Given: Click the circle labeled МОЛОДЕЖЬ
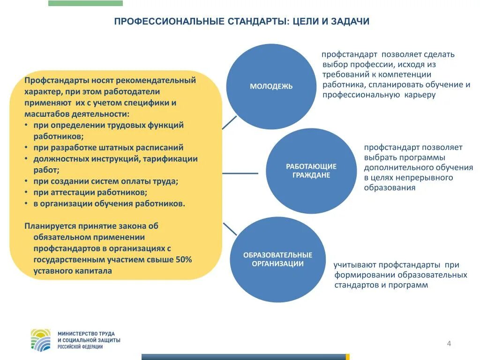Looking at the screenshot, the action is pos(271,87).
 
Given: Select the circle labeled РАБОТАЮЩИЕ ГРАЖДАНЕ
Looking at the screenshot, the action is pos(311,171).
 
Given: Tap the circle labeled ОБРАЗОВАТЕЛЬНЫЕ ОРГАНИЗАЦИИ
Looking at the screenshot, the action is pos(277,259).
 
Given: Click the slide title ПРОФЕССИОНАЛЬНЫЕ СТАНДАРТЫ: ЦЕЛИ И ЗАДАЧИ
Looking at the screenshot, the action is pos(242,22).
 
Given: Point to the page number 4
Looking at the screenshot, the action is pos(449,344).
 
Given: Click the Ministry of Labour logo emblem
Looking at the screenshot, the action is pos(41,340).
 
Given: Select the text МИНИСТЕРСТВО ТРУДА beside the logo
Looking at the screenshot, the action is pos(86,333).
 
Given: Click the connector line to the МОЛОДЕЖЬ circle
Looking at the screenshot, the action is pos(229,122).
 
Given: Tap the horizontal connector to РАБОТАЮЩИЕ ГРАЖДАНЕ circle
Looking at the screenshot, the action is pos(240,173).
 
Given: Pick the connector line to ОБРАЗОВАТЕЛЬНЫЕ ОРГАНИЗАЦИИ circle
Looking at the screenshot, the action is pos(229,229).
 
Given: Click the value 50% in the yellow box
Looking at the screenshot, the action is pos(184,260).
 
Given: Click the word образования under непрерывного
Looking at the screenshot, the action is pos(390,188).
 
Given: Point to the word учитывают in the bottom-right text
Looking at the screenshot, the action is pos(354,265).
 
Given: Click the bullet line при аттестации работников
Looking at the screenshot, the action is pos(90,193).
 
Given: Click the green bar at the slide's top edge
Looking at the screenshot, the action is pos(85,3).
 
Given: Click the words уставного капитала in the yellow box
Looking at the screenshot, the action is pos(73,271).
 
